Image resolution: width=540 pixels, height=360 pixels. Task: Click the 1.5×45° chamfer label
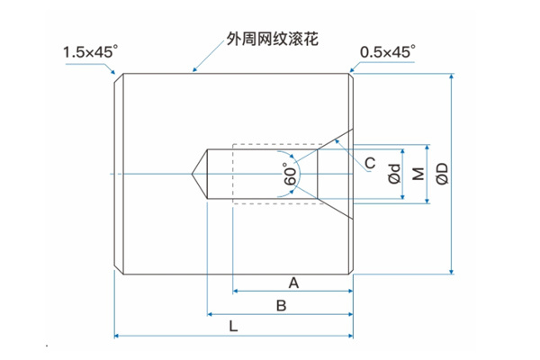point(90,53)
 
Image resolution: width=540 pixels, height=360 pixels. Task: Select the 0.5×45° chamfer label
point(387,53)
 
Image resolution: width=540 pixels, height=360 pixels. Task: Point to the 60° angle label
point(291,174)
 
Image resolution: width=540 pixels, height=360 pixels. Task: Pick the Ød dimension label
point(394,173)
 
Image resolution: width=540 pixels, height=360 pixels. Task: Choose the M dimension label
point(418,173)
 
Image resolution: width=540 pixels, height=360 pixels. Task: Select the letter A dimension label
point(293,283)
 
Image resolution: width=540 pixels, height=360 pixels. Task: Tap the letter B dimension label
point(281,306)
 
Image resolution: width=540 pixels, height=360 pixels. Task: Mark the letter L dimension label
point(233,327)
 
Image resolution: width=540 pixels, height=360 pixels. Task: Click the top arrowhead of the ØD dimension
point(451,76)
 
